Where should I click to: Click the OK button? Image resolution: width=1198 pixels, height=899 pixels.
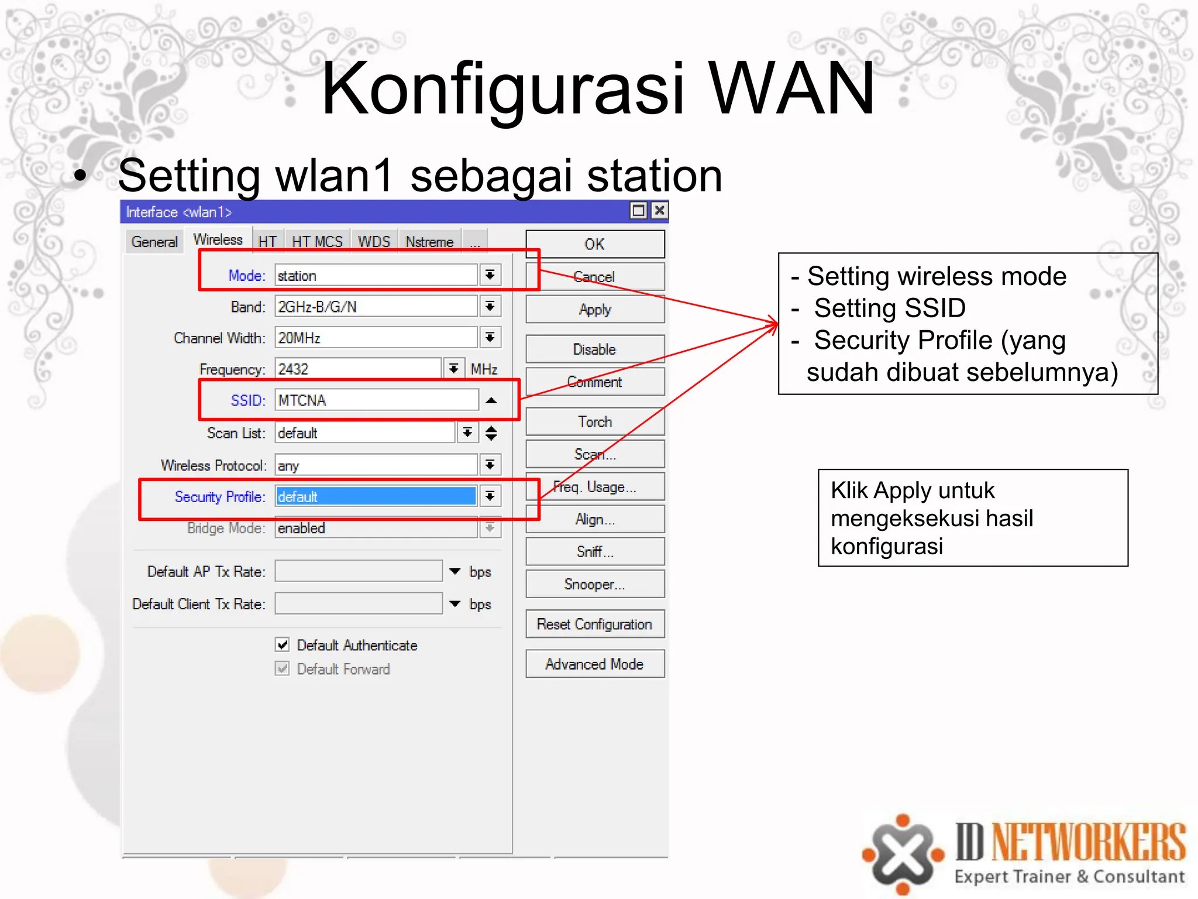pyautogui.click(x=595, y=244)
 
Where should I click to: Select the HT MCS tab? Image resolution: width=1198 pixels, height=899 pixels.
pyautogui.click(x=317, y=242)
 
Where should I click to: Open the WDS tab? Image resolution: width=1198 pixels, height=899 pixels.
pyautogui.click(x=374, y=242)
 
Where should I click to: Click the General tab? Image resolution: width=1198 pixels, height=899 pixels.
pyautogui.click(x=154, y=242)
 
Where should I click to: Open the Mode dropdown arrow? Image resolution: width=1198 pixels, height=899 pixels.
pyautogui.click(x=490, y=275)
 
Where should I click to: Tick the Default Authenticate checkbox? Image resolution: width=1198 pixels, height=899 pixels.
pyautogui.click(x=283, y=645)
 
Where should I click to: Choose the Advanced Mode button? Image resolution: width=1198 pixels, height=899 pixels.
pyautogui.click(x=595, y=664)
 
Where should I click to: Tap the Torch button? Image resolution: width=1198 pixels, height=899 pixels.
pyautogui.click(x=595, y=422)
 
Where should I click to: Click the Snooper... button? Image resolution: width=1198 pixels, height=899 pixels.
pyautogui.click(x=595, y=584)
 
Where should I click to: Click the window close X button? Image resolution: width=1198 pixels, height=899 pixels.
pyautogui.click(x=660, y=211)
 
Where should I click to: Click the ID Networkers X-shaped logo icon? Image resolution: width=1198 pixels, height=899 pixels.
pyautogui.click(x=903, y=854)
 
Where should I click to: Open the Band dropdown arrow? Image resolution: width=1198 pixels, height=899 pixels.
pyautogui.click(x=490, y=307)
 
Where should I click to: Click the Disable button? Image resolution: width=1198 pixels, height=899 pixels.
pyautogui.click(x=595, y=349)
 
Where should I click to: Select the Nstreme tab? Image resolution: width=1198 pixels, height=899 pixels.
pyautogui.click(x=429, y=242)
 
